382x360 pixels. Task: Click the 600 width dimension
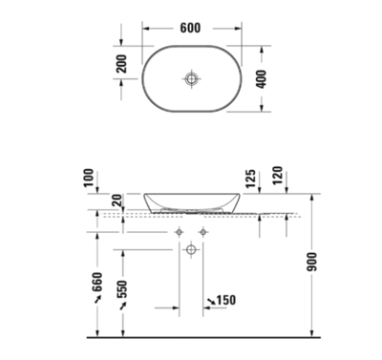tap(190, 29)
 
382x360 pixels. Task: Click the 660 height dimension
tap(96, 284)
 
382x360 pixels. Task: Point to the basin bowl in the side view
tap(191, 203)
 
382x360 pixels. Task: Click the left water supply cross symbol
tap(179, 232)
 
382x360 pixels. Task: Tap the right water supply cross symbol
tap(202, 232)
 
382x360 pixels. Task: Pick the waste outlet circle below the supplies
tap(191, 250)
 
